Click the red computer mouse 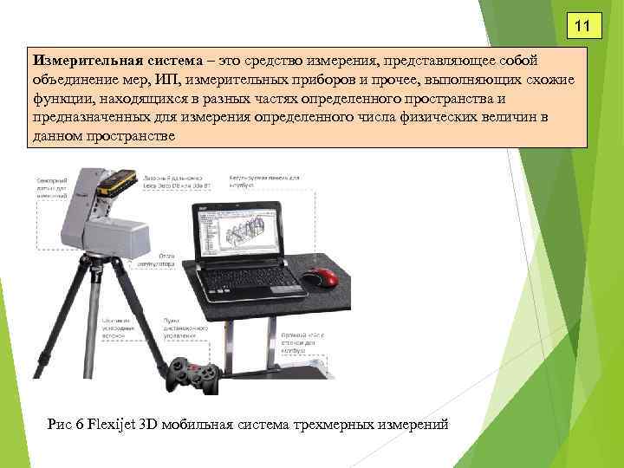tap(322, 276)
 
